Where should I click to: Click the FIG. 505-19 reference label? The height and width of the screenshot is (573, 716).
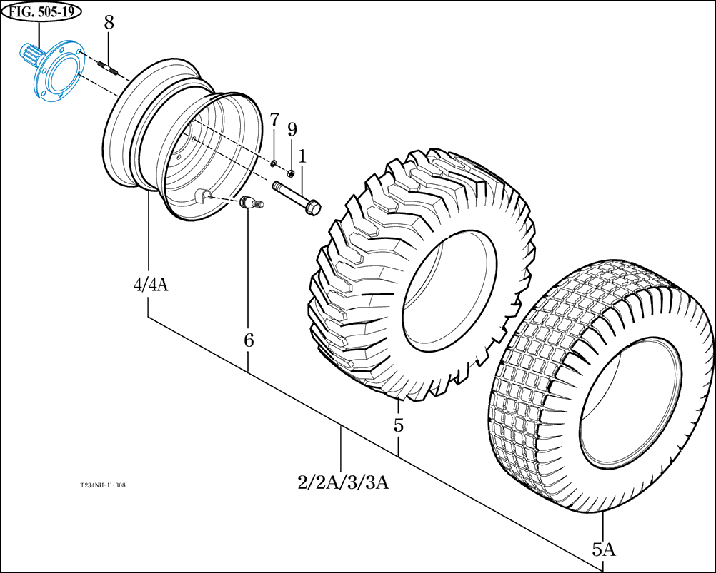[42, 11]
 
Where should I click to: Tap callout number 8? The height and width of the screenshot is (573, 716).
[109, 22]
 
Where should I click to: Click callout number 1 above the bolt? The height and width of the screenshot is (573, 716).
[302, 156]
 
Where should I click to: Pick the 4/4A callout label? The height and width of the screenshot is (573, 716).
[150, 285]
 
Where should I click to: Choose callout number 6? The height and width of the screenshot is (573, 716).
[249, 340]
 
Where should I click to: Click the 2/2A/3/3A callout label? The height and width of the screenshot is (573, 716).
[343, 482]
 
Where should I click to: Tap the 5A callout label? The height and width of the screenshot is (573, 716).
[603, 549]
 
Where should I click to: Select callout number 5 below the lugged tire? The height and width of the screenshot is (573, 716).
[398, 426]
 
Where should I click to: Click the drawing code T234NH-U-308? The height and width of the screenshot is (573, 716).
[103, 485]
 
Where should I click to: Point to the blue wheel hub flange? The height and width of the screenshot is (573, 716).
[53, 71]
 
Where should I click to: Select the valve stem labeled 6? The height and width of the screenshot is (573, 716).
[251, 203]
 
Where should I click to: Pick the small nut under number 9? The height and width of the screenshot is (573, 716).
[291, 173]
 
